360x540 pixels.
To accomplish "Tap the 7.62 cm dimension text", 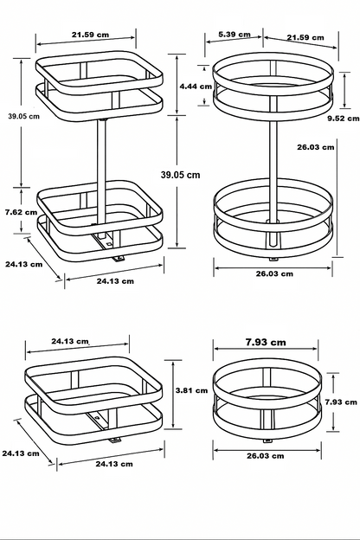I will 20,211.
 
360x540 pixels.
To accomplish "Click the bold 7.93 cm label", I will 267,342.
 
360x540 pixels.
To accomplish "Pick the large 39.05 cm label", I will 181,174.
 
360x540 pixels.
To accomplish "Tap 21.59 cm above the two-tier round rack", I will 305,37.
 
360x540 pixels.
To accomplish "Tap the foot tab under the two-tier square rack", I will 116,258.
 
